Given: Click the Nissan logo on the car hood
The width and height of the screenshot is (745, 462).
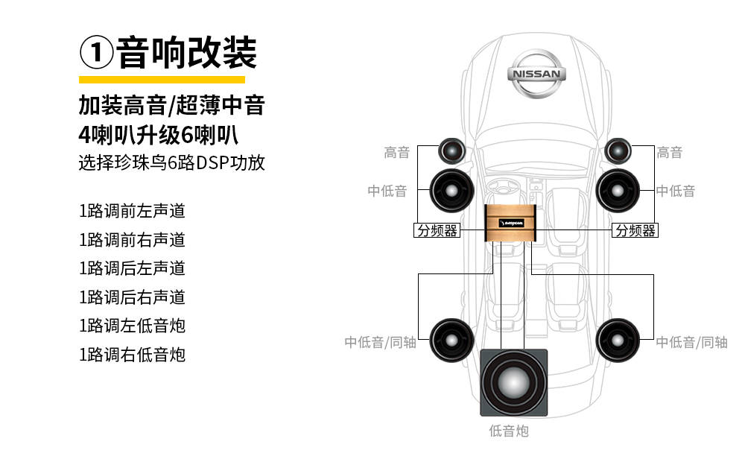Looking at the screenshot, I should point(536,74).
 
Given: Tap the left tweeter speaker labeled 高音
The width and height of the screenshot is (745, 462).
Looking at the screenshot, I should point(452,151).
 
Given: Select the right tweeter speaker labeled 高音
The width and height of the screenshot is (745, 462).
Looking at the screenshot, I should point(619,151).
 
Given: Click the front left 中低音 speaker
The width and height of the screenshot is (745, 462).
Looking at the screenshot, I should point(451,190).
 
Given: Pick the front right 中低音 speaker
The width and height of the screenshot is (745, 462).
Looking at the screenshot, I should point(619,190).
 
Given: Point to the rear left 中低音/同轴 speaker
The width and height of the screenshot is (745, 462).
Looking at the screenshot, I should point(451,341).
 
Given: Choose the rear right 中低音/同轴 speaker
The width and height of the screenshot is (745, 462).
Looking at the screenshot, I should point(619,341).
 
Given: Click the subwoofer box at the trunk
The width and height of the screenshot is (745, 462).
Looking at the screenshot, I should point(513,382).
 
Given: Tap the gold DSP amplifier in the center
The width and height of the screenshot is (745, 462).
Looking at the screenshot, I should point(512,222).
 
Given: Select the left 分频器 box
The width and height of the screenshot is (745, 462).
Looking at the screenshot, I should point(437,231).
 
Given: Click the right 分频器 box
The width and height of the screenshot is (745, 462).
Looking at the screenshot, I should point(635,231).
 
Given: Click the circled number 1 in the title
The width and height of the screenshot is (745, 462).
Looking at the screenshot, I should point(96,54).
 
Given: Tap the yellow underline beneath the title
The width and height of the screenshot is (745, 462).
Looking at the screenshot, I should point(162,79).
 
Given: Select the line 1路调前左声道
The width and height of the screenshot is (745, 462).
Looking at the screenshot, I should point(132,211).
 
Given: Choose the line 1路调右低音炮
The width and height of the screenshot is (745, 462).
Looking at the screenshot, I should point(132,354).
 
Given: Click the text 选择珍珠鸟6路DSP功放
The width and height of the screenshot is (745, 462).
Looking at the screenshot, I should point(171,162).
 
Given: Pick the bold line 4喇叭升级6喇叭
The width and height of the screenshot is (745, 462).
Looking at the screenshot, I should point(162,135).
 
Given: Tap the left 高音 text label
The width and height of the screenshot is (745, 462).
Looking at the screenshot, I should point(397,153).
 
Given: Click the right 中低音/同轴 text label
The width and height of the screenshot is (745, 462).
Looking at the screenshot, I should point(691,342).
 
